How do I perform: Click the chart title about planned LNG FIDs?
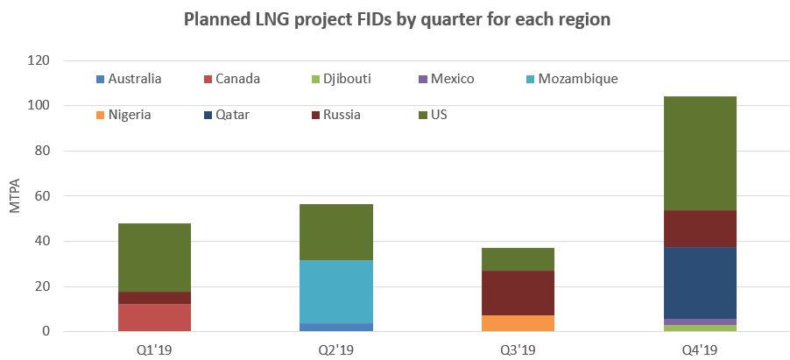click(397, 20)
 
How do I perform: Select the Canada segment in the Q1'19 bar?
click(154, 317)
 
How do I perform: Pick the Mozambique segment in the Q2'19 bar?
click(336, 292)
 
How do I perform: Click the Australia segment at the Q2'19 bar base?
click(336, 327)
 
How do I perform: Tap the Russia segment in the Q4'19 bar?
click(700, 229)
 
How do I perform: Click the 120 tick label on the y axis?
click(39, 61)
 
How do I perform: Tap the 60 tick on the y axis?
click(42, 196)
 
